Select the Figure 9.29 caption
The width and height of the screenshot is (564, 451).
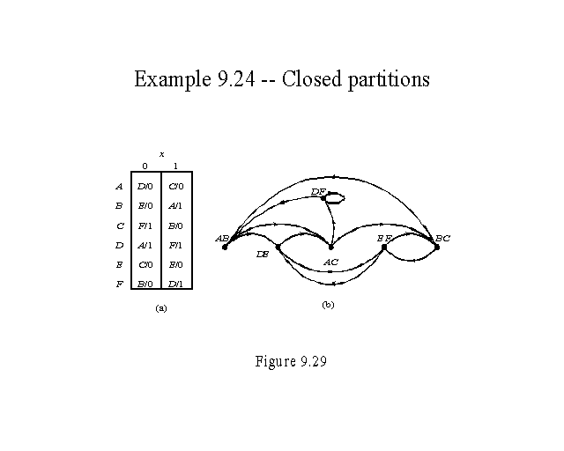[x=291, y=361]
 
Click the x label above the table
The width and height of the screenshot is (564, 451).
[x=161, y=154]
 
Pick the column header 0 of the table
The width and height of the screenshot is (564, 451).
[x=145, y=166]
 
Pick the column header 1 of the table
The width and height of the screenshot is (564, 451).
[x=176, y=166]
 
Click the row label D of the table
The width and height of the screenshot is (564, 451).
[x=118, y=246]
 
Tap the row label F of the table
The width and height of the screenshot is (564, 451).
[x=118, y=284]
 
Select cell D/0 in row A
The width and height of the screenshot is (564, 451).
[x=145, y=187]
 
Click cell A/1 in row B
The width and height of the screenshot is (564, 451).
[x=175, y=206]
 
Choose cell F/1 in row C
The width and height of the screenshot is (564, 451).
[x=145, y=226]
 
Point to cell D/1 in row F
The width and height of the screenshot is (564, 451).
[x=175, y=284]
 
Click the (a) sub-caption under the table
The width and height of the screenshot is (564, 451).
[x=160, y=308]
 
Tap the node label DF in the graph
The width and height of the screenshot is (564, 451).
[x=318, y=191]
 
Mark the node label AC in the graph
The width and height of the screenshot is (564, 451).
[x=331, y=262]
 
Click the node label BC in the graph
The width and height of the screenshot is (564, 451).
[x=442, y=238]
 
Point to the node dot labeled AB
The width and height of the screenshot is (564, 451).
[x=226, y=248]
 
